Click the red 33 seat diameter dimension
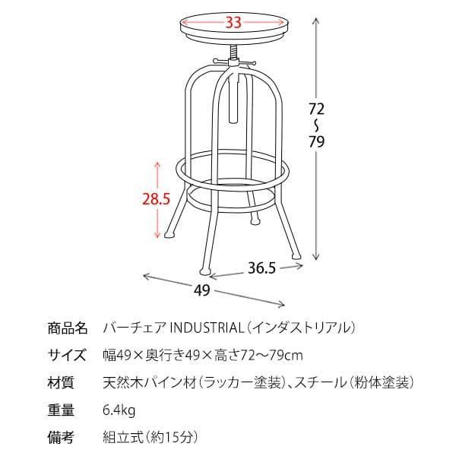click(233, 22)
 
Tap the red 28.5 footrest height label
click(156, 199)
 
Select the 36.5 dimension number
click(261, 268)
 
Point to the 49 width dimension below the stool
click(202, 290)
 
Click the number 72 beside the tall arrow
click(316, 109)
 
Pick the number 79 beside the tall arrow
click(316, 141)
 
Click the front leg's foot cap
click(205, 271)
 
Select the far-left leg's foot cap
click(169, 235)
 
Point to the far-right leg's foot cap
click(296, 255)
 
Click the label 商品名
click(68, 328)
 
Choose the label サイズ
click(67, 355)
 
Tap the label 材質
click(61, 382)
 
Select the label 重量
click(61, 410)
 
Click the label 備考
click(61, 437)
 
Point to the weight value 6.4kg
click(119, 410)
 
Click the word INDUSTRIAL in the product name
click(207, 328)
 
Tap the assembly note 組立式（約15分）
click(150, 437)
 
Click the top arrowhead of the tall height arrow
click(316, 20)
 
